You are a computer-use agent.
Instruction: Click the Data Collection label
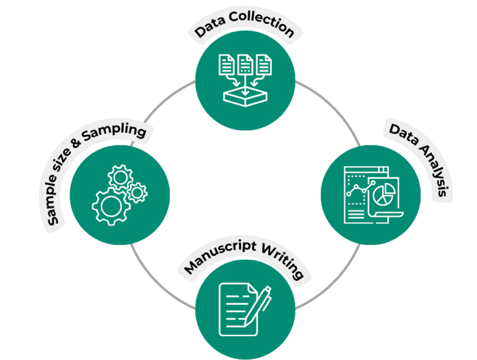244,28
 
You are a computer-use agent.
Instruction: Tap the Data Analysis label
420,160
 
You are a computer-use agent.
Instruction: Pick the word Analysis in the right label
431,173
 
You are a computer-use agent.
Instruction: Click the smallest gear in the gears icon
137,193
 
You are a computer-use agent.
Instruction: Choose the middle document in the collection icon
246,66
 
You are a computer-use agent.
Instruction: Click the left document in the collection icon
226,66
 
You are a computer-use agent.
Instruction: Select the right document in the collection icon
265,66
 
